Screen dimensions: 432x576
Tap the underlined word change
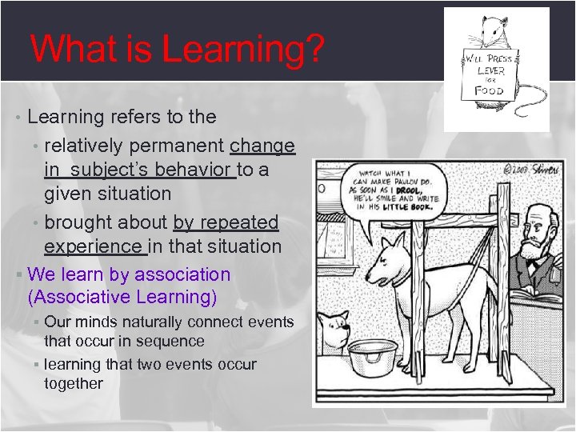click(x=262, y=146)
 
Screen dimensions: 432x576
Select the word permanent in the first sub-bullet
click(x=181, y=146)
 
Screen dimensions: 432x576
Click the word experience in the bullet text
click(x=93, y=246)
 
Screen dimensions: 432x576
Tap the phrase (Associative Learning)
click(x=122, y=298)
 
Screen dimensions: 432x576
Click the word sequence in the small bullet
click(x=172, y=341)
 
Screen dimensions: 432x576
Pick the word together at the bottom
click(x=74, y=383)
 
